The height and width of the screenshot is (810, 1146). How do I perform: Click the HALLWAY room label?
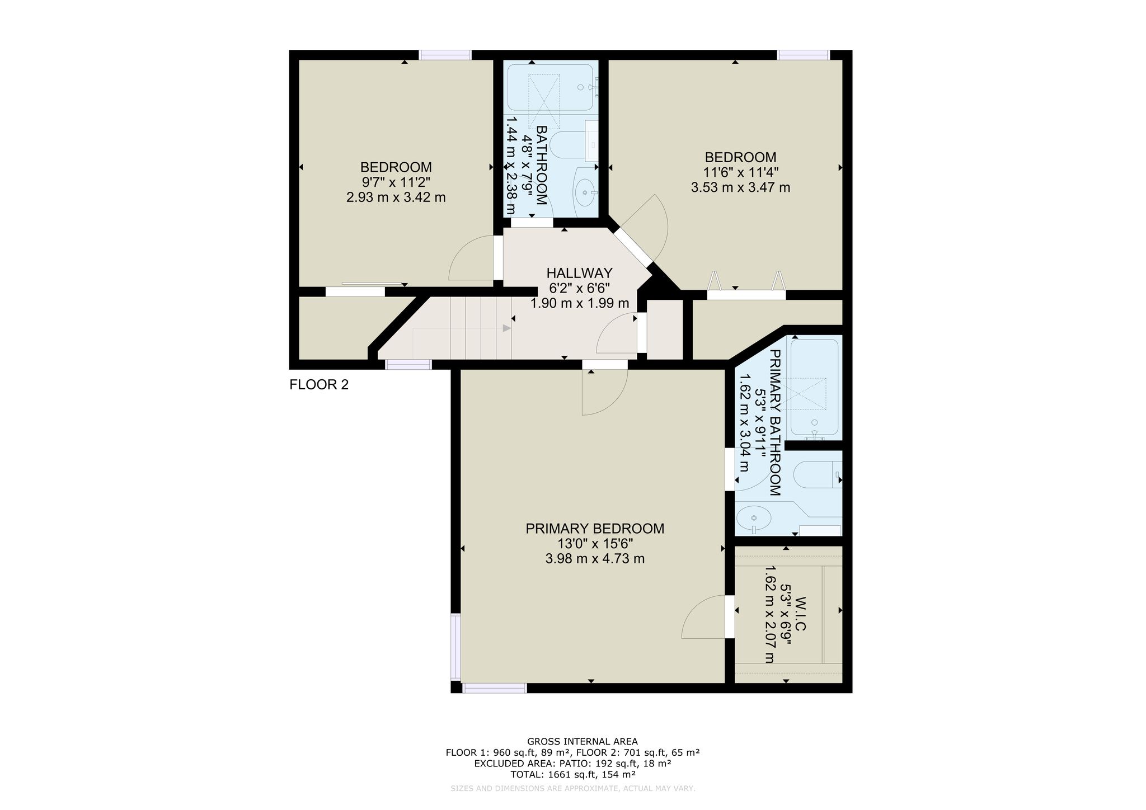point(579,273)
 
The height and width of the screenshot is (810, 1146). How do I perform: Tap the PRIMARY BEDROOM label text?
point(595,529)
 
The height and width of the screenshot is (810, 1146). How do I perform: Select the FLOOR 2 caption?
point(319,385)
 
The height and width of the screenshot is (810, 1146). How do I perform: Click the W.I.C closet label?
point(800,614)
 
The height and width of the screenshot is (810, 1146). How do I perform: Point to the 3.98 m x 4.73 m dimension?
point(595,559)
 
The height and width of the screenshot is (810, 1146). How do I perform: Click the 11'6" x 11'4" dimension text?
point(740,172)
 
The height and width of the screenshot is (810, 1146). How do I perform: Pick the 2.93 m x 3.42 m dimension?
point(396,197)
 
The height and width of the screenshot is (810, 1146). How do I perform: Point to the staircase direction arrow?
point(507,328)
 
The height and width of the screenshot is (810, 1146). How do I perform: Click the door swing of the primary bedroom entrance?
point(604,392)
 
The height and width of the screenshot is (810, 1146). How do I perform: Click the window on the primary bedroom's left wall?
point(456,647)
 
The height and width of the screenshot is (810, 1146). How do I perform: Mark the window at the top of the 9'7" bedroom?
point(445,55)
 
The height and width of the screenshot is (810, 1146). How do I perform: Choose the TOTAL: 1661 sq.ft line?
point(572,775)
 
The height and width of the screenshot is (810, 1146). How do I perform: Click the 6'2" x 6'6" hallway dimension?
point(579,288)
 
